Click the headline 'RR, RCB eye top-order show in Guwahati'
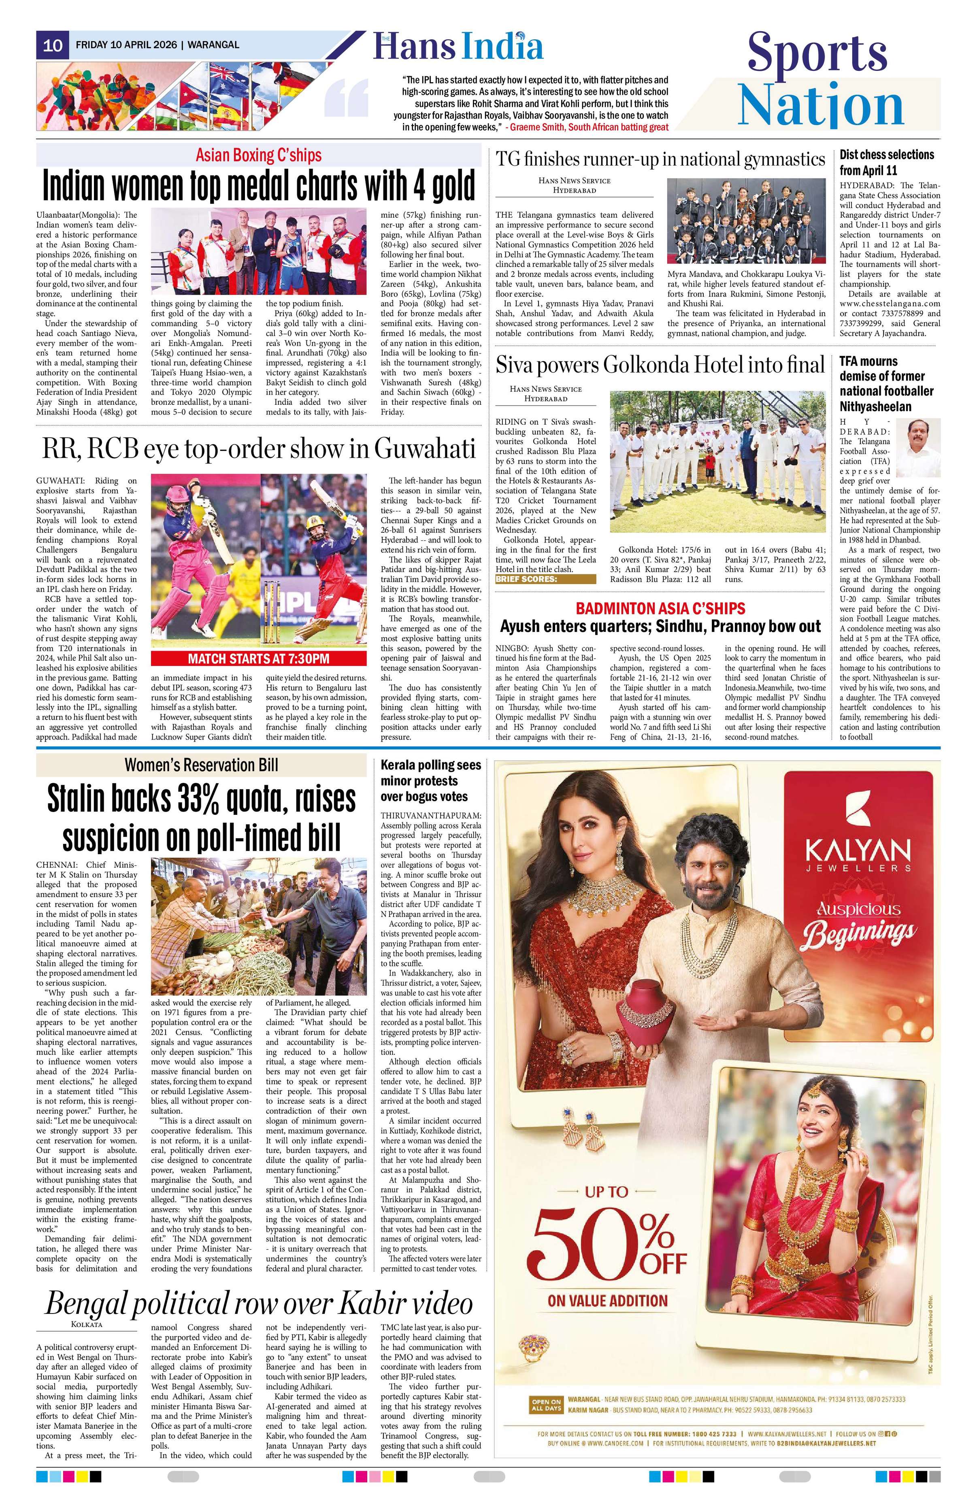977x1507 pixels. [x=258, y=448]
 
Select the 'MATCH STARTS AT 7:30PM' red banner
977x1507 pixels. [x=258, y=659]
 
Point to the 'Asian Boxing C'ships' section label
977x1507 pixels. [x=258, y=155]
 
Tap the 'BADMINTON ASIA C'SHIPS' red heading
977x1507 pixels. [x=660, y=608]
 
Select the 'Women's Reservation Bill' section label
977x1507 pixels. [x=201, y=765]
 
